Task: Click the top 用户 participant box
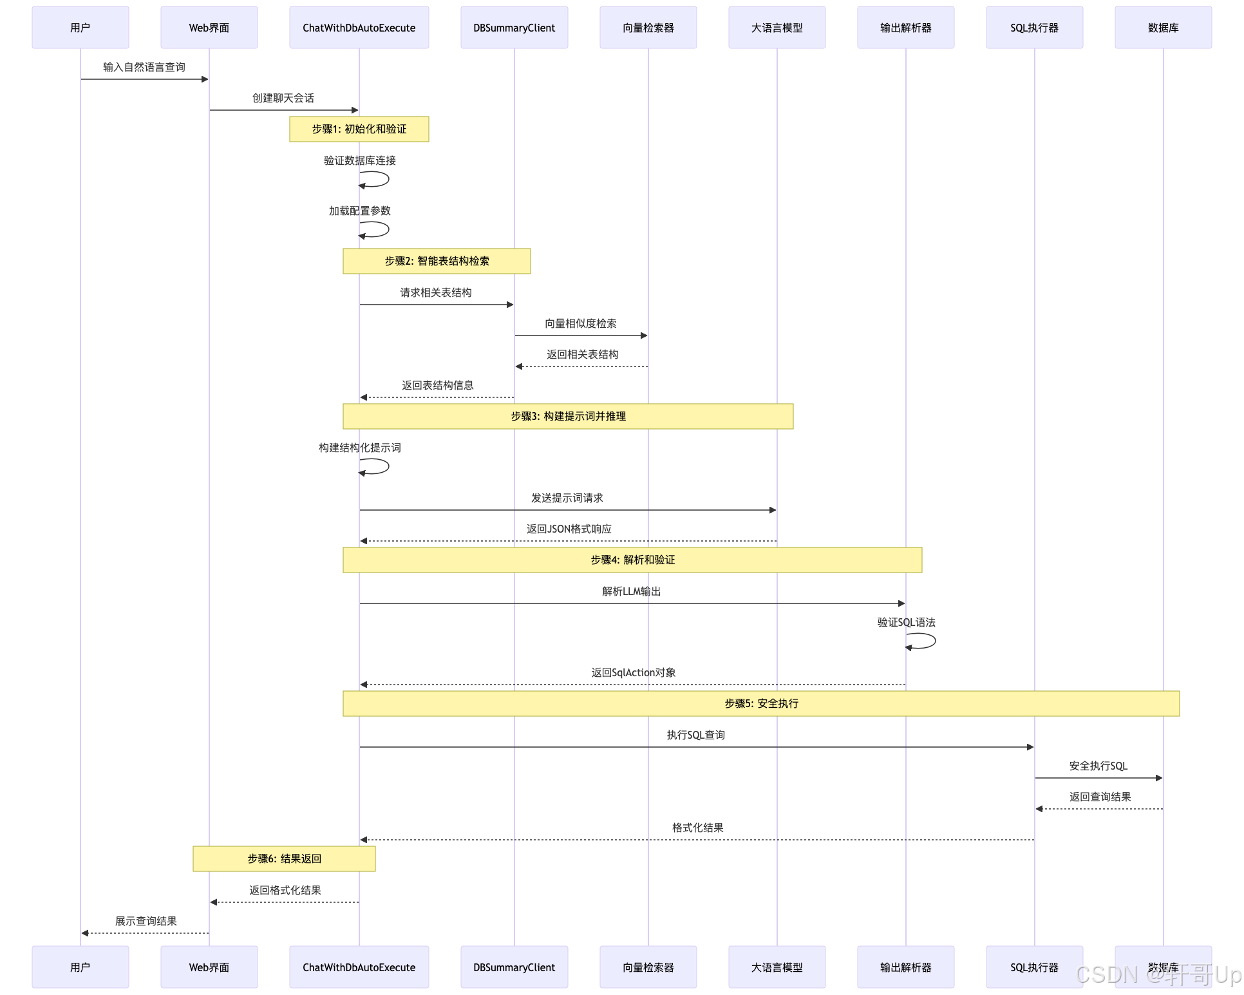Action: click(x=80, y=28)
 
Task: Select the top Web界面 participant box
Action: click(x=209, y=28)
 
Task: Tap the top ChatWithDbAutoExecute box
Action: click(x=359, y=28)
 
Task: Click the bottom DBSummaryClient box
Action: click(x=514, y=967)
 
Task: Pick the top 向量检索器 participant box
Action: click(x=648, y=28)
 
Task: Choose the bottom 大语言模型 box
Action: click(x=777, y=967)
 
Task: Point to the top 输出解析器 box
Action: click(x=906, y=28)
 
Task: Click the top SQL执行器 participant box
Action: click(x=1035, y=28)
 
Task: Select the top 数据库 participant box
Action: click(x=1164, y=28)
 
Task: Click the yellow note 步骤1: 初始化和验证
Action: click(x=359, y=129)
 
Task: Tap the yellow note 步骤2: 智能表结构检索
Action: click(x=437, y=261)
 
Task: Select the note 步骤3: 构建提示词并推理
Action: click(x=568, y=417)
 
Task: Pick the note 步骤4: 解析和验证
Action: click(x=632, y=560)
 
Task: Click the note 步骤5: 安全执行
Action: click(x=761, y=704)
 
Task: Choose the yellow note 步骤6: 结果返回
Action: click(x=284, y=859)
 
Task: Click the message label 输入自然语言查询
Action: click(x=144, y=68)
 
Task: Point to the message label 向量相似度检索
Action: click(x=581, y=324)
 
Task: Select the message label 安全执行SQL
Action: click(x=1098, y=766)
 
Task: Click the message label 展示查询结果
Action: click(x=146, y=922)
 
